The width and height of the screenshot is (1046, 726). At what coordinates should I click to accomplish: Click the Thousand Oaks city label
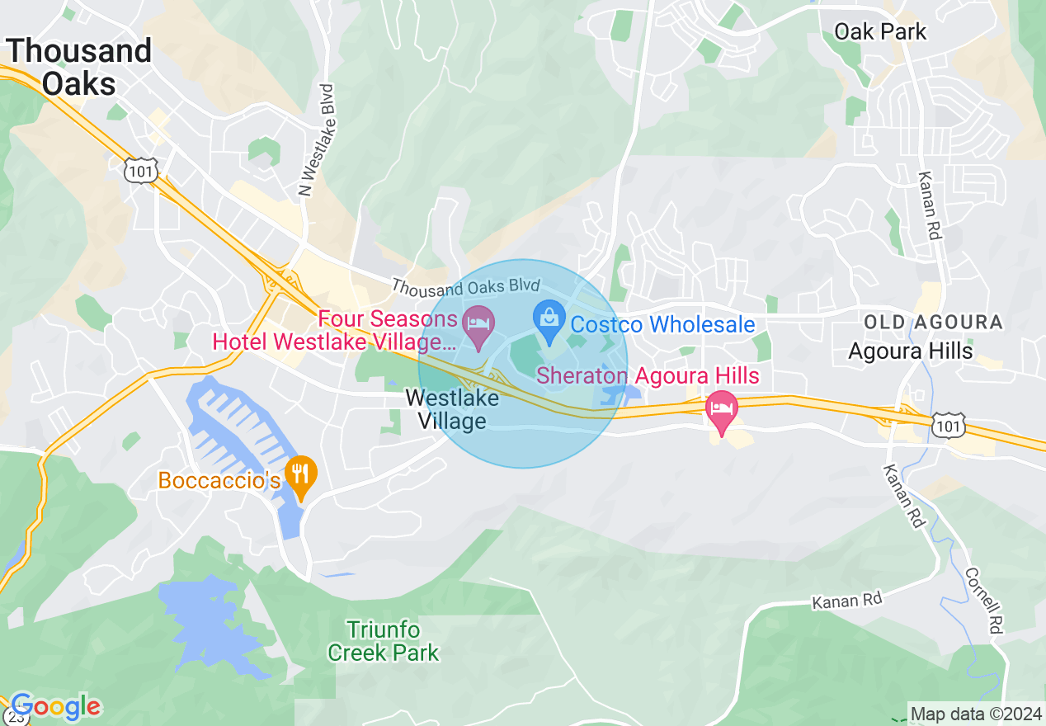click(x=79, y=67)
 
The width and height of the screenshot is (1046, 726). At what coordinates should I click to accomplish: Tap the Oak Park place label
click(x=880, y=32)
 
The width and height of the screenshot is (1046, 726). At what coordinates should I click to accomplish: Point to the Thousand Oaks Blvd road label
click(x=465, y=287)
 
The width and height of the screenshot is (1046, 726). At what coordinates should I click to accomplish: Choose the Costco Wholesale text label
click(x=662, y=324)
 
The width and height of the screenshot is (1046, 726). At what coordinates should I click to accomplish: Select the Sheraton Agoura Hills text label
click(x=648, y=376)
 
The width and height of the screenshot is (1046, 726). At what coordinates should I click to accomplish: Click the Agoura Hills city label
click(x=911, y=351)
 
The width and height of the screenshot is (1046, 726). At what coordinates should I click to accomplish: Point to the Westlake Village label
click(x=452, y=410)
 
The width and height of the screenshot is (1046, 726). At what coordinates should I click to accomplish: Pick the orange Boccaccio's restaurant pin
click(x=300, y=475)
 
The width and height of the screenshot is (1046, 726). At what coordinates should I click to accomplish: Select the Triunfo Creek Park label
click(x=384, y=642)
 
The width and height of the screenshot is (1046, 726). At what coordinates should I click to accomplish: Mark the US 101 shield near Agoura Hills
click(x=945, y=426)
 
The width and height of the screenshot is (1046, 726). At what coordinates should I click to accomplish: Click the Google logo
click(x=55, y=707)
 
